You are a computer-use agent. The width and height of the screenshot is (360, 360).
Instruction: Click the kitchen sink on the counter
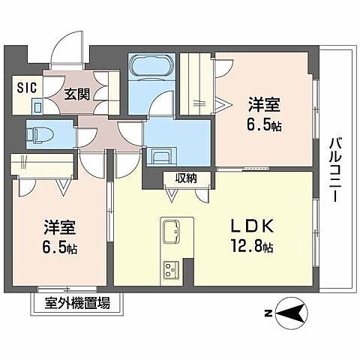[x=169, y=229]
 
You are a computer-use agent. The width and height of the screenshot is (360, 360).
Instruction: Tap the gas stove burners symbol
[x=170, y=268]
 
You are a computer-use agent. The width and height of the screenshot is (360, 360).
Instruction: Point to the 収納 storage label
[x=186, y=178]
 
